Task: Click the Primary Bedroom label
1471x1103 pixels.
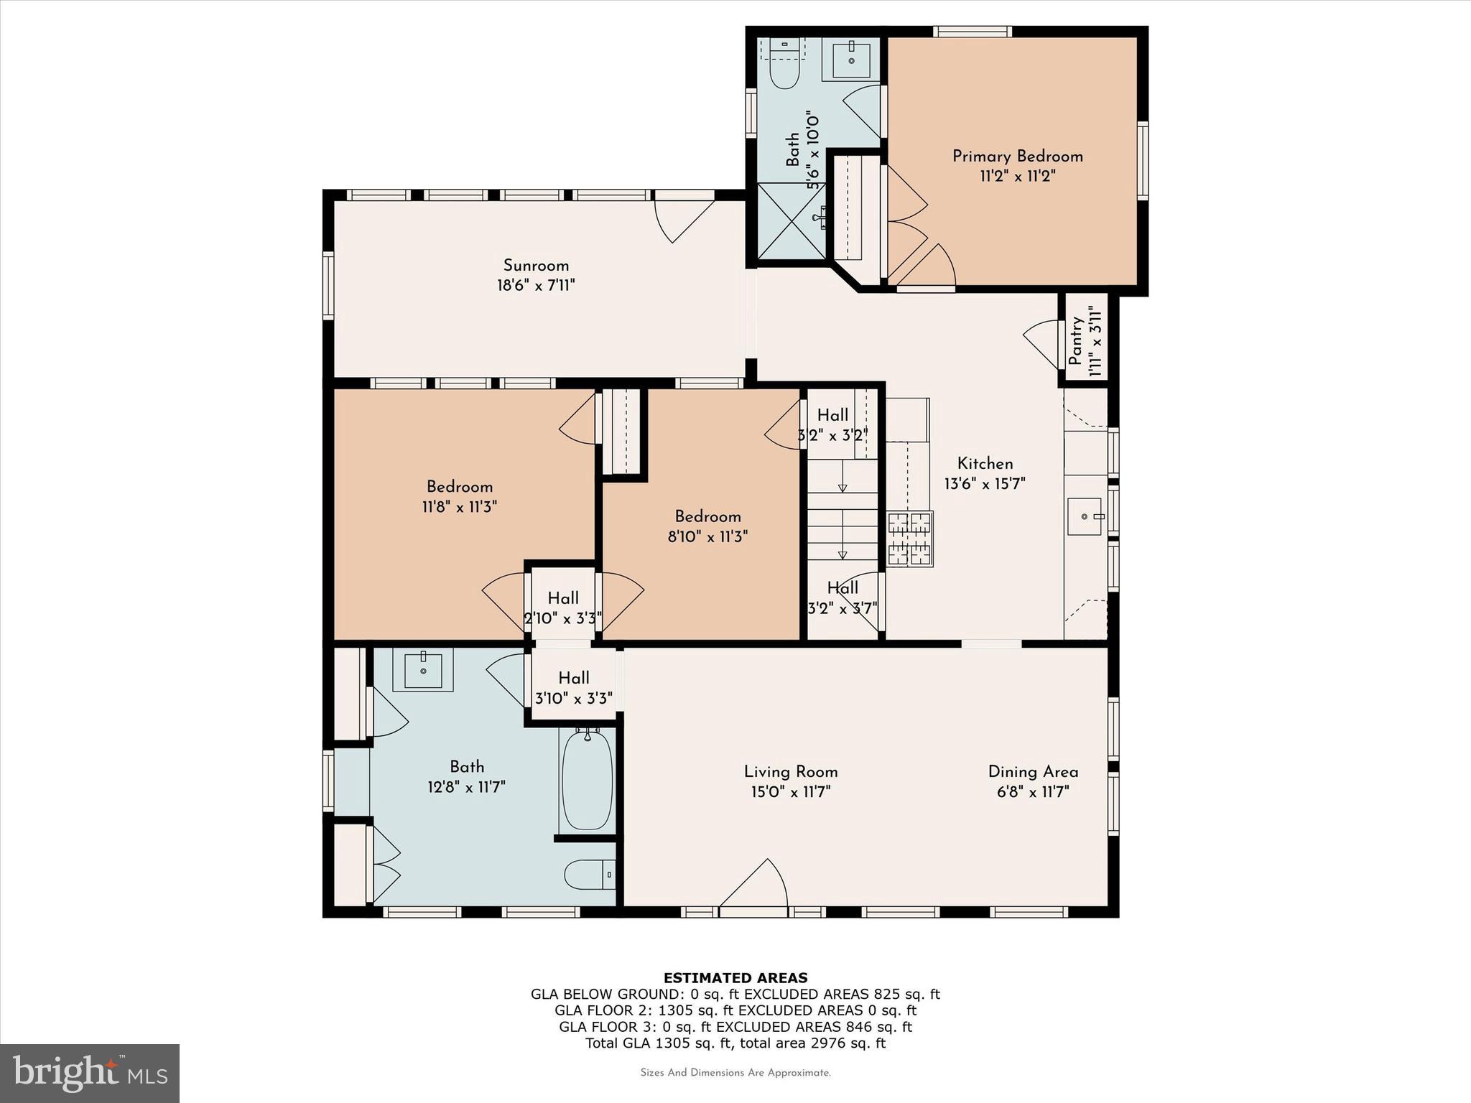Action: [1017, 157]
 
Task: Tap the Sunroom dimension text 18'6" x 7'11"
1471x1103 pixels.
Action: [536, 286]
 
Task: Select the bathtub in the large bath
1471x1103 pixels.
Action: [587, 781]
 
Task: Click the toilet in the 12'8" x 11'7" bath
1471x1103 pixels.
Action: [588, 875]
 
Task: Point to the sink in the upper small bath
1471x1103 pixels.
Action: [851, 60]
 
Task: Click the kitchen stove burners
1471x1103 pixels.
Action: [909, 539]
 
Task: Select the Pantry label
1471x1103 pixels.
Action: [1075, 342]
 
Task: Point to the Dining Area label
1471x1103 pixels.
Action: [1033, 772]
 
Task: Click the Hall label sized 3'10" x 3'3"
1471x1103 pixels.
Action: [574, 678]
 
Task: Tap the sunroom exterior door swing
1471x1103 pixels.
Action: [682, 220]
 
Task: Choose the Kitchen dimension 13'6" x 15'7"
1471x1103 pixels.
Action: [984, 484]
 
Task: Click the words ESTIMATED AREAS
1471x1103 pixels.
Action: [735, 977]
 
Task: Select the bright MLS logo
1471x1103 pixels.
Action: [90, 1073]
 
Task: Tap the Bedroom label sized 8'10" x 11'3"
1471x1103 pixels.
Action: [707, 517]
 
